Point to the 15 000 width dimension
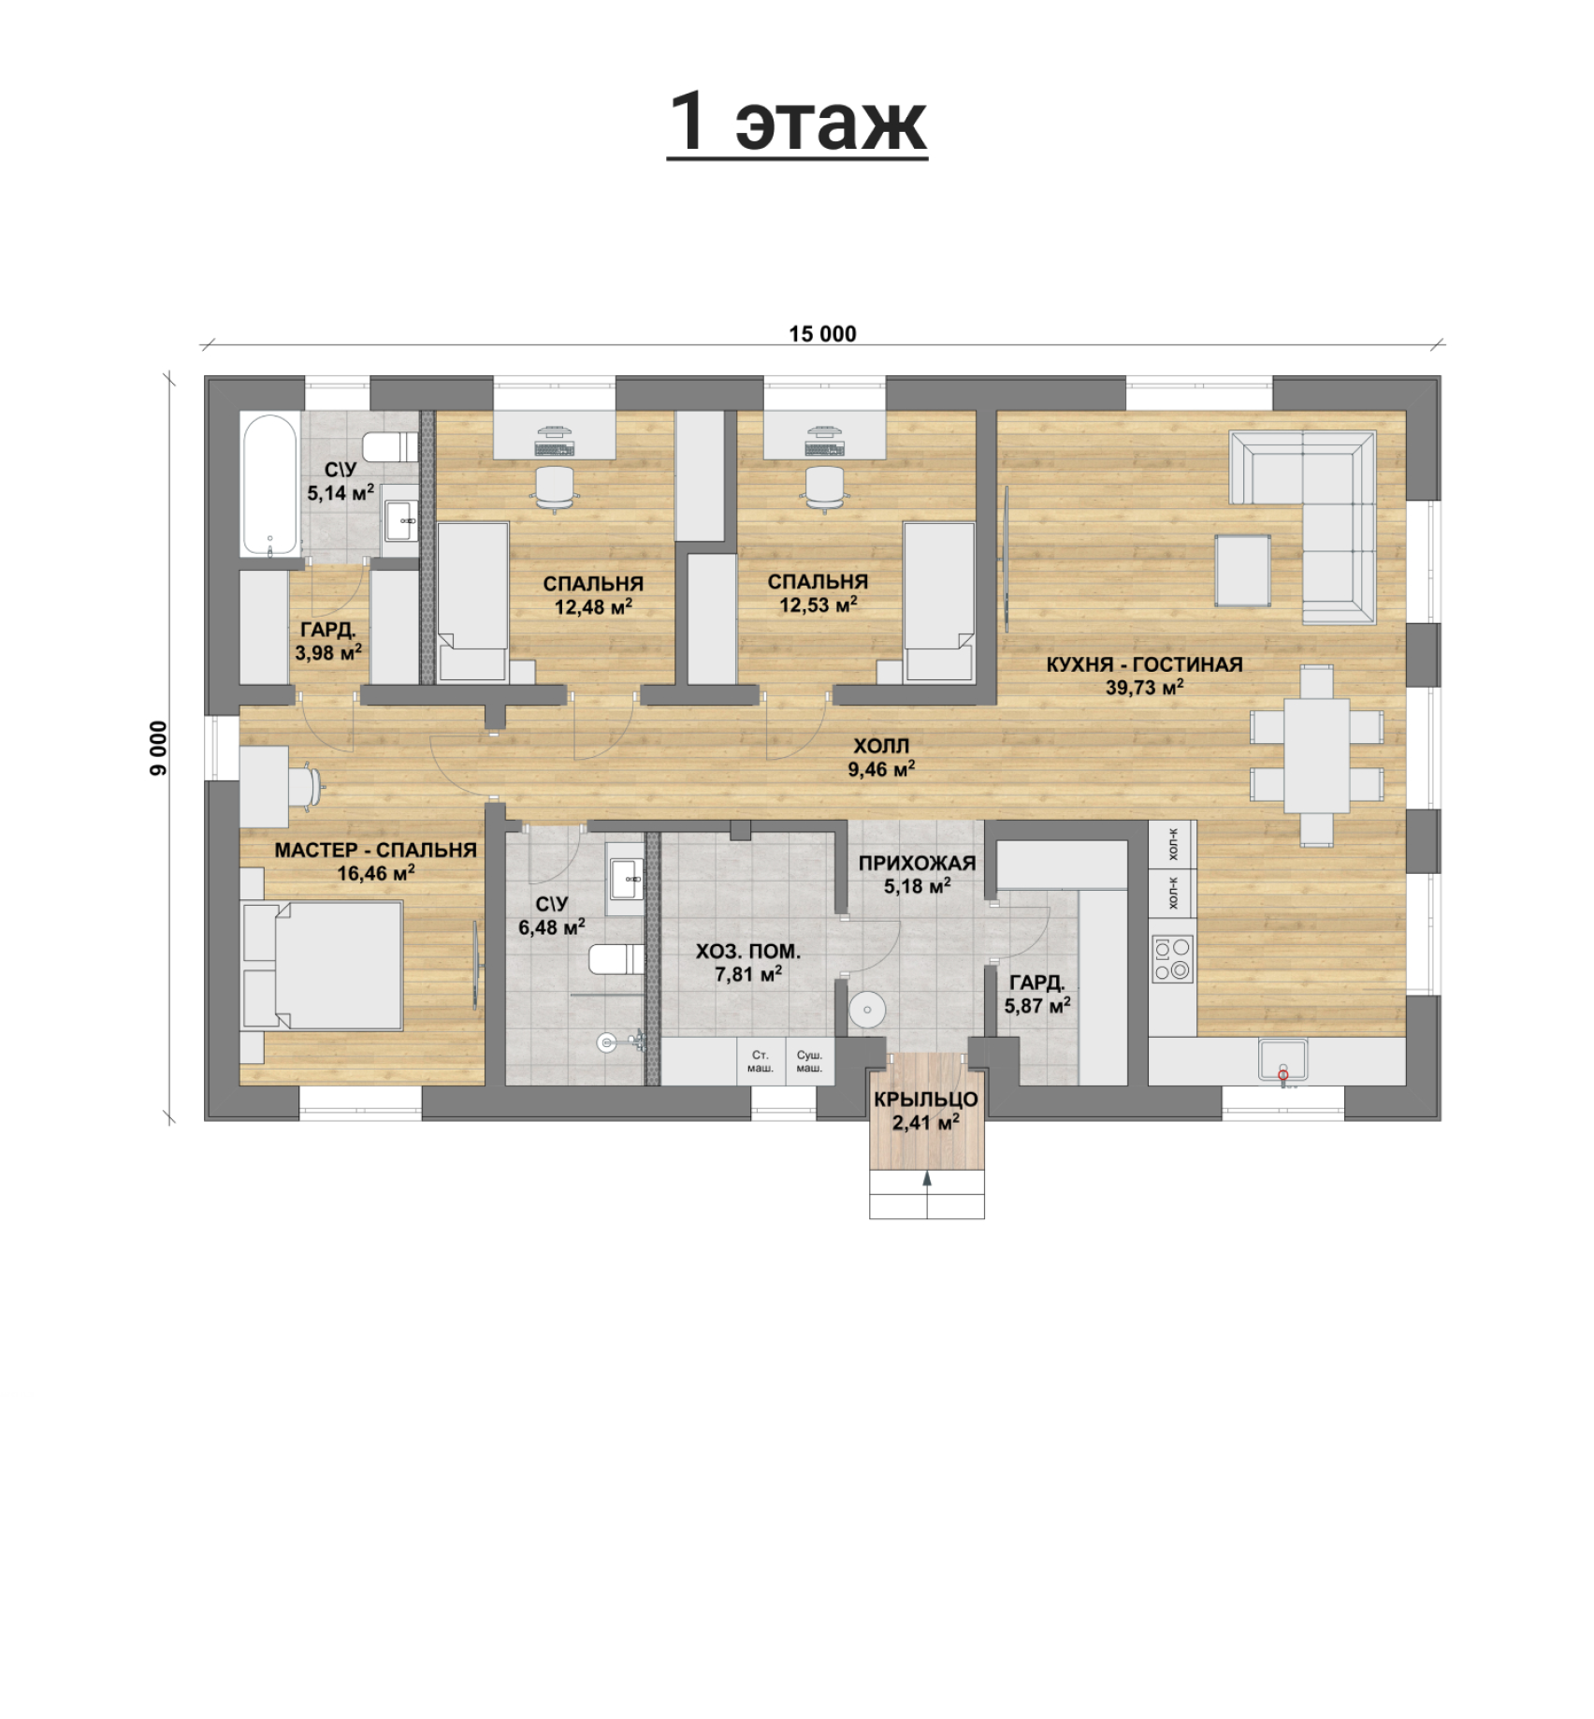pyautogui.click(x=822, y=334)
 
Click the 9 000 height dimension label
pyautogui.click(x=159, y=748)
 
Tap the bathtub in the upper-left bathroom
pyautogui.click(x=270, y=485)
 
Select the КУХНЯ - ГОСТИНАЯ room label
pyautogui.click(x=1144, y=664)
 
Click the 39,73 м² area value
pyautogui.click(x=1144, y=688)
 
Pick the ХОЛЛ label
pyautogui.click(x=881, y=746)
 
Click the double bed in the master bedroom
pyautogui.click(x=322, y=965)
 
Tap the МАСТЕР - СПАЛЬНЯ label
pyautogui.click(x=375, y=850)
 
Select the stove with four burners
pyautogui.click(x=1172, y=959)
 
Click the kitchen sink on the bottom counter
pyautogui.click(x=1282, y=1060)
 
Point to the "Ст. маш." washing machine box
pyautogui.click(x=761, y=1061)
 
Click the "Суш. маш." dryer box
pyautogui.click(x=809, y=1061)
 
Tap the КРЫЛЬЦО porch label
pyautogui.click(x=926, y=1100)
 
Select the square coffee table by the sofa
pyautogui.click(x=1242, y=570)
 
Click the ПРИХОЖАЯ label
pyautogui.click(x=917, y=863)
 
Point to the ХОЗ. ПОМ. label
pyautogui.click(x=747, y=951)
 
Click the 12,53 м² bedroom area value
pyautogui.click(x=819, y=605)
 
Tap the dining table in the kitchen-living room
pyautogui.click(x=1316, y=756)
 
